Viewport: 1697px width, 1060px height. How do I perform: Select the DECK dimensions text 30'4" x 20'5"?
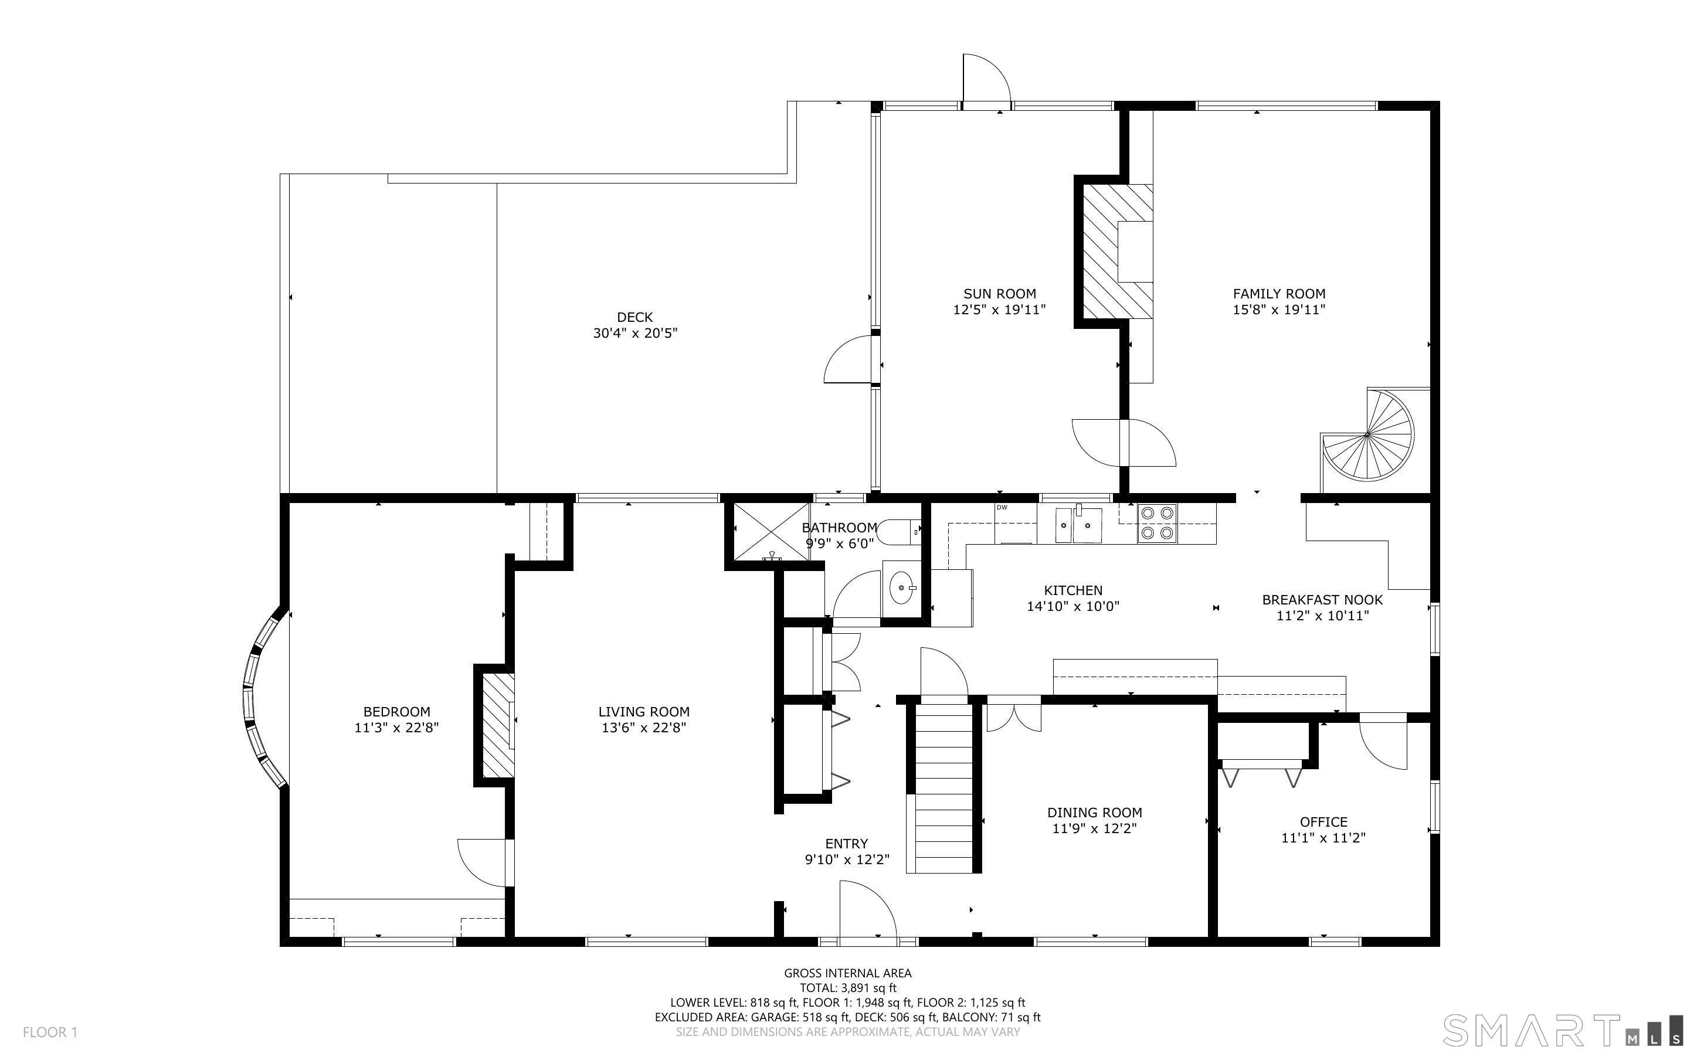click(x=635, y=333)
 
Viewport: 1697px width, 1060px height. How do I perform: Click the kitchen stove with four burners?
click(x=1158, y=523)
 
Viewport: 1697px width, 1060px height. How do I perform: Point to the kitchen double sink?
click(x=1080, y=526)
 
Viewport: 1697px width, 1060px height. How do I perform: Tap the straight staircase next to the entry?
click(x=944, y=788)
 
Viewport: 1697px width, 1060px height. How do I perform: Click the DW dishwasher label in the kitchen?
click(x=1002, y=508)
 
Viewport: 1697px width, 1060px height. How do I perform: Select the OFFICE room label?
click(x=1323, y=821)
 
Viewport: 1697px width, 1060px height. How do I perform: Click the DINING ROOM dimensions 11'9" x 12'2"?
click(x=1094, y=828)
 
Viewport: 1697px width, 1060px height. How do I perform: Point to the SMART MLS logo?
click(x=1562, y=1031)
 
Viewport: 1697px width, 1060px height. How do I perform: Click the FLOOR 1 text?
click(x=50, y=1032)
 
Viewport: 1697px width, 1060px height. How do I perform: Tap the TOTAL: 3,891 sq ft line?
click(x=847, y=988)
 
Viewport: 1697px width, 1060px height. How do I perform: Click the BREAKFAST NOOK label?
click(x=1322, y=599)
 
